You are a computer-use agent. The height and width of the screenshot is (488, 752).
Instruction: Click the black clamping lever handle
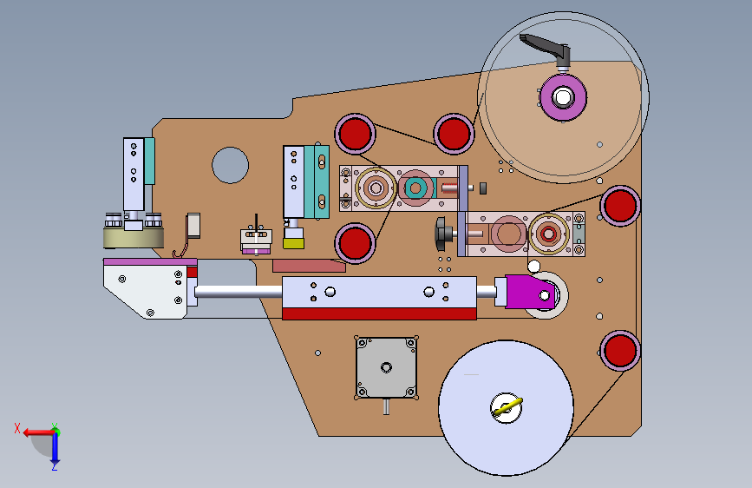coord(546,48)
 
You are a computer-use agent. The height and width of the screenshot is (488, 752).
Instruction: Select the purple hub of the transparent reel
coord(563,97)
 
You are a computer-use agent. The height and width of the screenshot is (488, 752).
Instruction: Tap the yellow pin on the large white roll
coord(508,407)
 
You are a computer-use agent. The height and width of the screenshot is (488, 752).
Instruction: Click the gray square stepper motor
coord(386,367)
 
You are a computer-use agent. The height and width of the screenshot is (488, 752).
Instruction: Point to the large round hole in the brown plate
coord(230,165)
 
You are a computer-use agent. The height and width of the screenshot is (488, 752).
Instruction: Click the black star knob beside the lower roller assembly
coord(442,234)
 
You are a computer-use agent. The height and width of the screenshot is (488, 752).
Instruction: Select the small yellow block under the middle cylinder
coord(293,243)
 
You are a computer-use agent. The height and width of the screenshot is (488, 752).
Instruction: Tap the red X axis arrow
coord(39,432)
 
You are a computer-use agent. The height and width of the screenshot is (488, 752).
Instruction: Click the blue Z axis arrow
coord(55,449)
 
